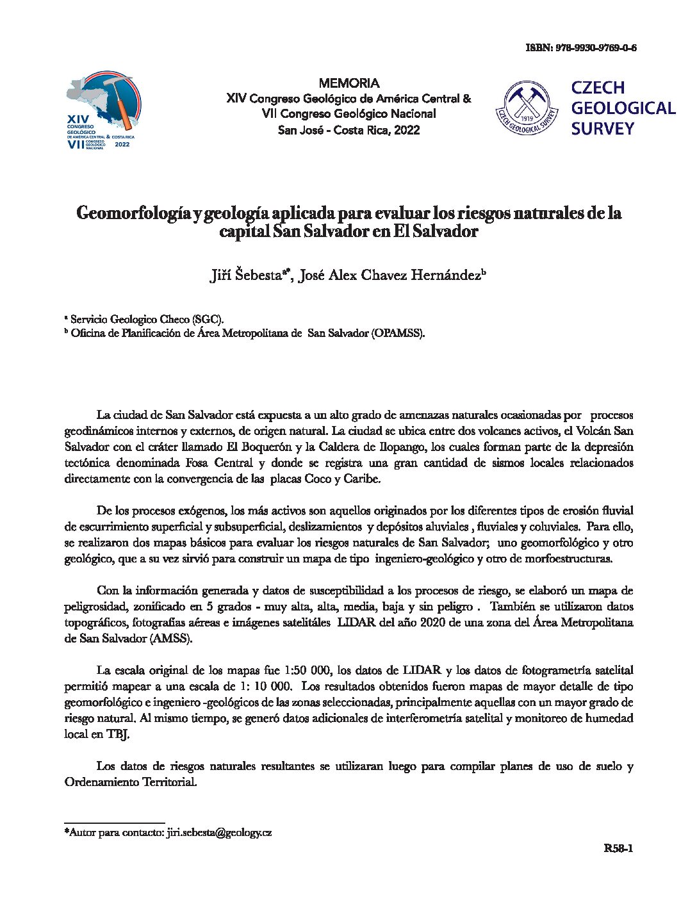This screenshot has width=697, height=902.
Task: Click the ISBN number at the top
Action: pos(595,48)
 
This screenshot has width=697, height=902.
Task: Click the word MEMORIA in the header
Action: pos(348,83)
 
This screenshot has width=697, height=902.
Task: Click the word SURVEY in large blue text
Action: pos(602,129)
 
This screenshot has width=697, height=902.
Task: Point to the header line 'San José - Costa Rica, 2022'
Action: pos(348,130)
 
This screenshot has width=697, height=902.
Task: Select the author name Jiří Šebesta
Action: pos(246,275)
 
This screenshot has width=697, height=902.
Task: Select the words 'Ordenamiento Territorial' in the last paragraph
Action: pos(131,782)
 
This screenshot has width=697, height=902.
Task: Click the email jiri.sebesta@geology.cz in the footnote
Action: pos(219,833)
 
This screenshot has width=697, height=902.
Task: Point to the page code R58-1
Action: pos(618,849)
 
